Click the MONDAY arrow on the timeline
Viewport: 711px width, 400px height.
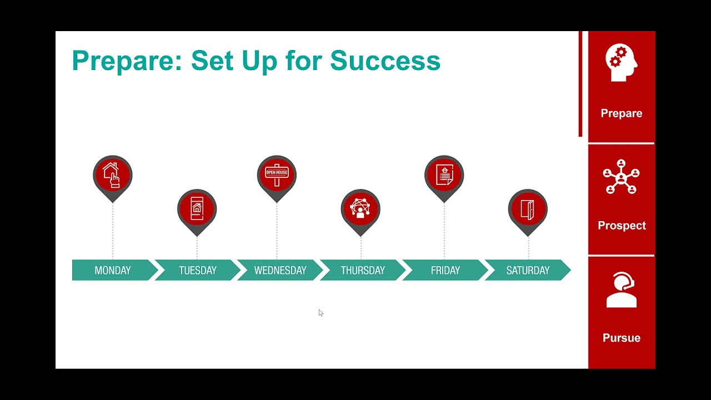[x=113, y=271]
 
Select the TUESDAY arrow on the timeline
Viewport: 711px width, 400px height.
[x=198, y=271]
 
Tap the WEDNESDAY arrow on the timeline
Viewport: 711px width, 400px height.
[x=280, y=271]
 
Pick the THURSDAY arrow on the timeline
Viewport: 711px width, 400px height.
[x=363, y=271]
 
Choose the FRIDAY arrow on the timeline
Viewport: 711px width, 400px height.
[x=445, y=271]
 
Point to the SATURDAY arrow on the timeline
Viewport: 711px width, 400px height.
[x=528, y=271]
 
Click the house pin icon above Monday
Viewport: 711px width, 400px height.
[x=113, y=176]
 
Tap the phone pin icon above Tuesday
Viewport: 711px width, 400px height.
[x=197, y=209]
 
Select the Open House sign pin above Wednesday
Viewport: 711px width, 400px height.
[x=277, y=176]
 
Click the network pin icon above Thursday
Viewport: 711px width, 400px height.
[x=360, y=209]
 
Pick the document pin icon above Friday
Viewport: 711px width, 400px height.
[x=444, y=176]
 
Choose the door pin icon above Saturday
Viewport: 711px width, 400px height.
[x=528, y=209]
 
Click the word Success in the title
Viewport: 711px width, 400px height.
[x=385, y=61]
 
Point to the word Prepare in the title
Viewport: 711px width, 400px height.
[x=123, y=61]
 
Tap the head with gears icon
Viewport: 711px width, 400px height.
[x=621, y=63]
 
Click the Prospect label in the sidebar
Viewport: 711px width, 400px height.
[x=622, y=226]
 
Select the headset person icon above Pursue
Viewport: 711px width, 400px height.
[x=621, y=289]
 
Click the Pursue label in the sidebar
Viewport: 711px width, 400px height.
[x=622, y=338]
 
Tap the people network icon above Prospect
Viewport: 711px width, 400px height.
[x=621, y=177]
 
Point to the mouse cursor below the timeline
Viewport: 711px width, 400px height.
[x=321, y=313]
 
